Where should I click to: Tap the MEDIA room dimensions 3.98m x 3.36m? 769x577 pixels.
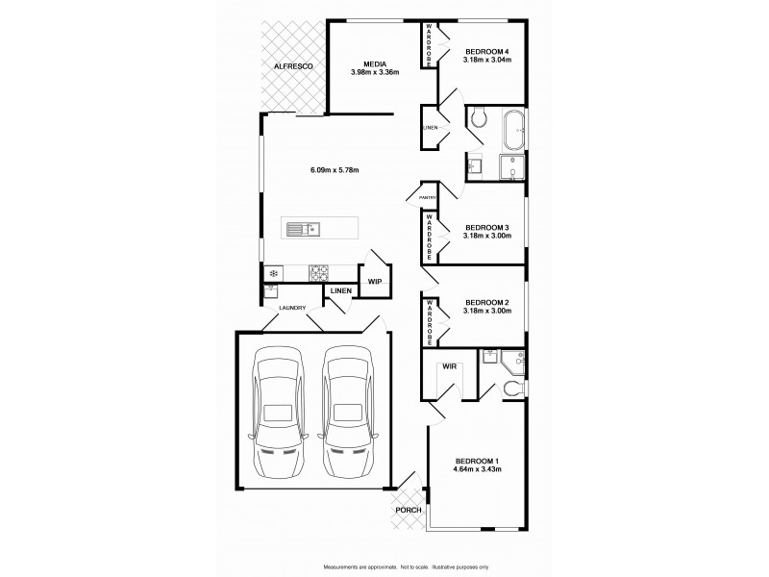point(374,72)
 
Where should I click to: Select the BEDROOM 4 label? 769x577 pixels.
point(486,51)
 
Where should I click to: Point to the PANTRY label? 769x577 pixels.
point(428,198)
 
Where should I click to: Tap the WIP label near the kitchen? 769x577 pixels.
point(375,282)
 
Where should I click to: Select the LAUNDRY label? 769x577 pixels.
point(292,308)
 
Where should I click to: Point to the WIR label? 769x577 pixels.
point(449,367)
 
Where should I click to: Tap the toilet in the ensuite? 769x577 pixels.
point(514,388)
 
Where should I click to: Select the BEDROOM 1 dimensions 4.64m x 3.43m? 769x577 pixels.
point(478,469)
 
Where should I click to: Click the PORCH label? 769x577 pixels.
point(408,511)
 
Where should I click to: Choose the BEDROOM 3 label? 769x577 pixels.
point(486,228)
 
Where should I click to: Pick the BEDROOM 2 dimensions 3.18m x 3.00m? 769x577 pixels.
point(486,311)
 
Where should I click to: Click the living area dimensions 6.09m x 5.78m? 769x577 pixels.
point(335,171)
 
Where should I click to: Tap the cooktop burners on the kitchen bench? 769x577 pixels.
point(318,274)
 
